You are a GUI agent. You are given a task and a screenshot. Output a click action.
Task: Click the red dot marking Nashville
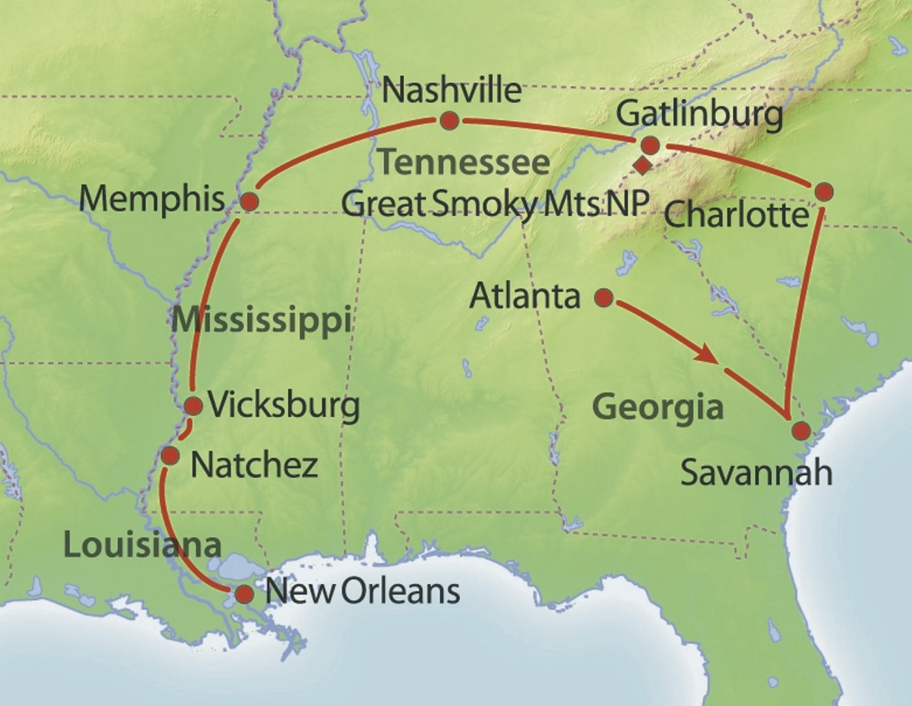pyautogui.click(x=449, y=121)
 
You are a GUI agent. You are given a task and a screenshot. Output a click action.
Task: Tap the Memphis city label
pyautogui.click(x=152, y=199)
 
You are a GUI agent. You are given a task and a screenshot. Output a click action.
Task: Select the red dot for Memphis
pyautogui.click(x=249, y=201)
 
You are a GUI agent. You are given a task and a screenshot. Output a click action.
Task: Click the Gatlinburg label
pyautogui.click(x=699, y=115)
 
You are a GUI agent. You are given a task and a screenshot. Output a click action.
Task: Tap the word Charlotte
pyautogui.click(x=736, y=215)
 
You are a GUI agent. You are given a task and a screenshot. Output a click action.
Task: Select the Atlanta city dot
pyautogui.click(x=604, y=298)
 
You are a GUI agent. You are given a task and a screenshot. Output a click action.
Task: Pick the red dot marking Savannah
pyautogui.click(x=802, y=431)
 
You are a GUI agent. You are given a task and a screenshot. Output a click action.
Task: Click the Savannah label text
pyautogui.click(x=756, y=473)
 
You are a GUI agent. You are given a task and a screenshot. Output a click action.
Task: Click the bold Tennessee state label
pyautogui.click(x=465, y=163)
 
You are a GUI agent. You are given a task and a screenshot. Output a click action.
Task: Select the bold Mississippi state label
pyautogui.click(x=261, y=320)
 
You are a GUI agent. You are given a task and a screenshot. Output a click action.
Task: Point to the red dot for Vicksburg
pyautogui.click(x=193, y=406)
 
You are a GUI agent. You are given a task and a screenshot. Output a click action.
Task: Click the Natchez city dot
pyautogui.click(x=170, y=455)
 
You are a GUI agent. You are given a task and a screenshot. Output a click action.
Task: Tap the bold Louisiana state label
pyautogui.click(x=142, y=545)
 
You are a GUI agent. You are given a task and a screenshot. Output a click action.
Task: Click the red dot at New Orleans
pyautogui.click(x=245, y=594)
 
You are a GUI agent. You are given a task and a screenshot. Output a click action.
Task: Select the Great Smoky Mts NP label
pyautogui.click(x=495, y=204)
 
